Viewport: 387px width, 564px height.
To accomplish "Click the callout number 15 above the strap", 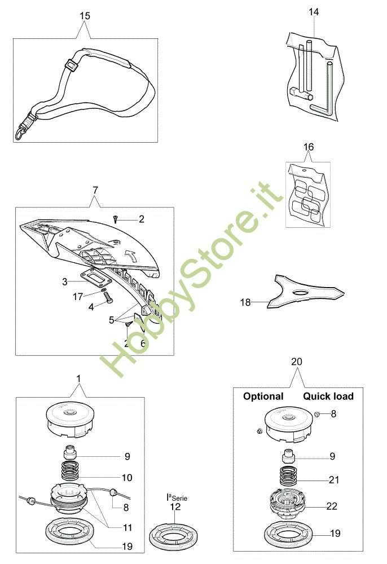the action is [x=84, y=16].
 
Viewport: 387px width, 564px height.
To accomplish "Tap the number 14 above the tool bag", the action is [x=314, y=11].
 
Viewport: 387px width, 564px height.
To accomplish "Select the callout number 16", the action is [x=308, y=147].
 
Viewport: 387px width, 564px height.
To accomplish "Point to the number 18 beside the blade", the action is [x=245, y=302].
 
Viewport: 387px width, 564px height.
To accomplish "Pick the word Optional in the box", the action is [x=263, y=396].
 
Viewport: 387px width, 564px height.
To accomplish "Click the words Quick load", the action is [x=328, y=396].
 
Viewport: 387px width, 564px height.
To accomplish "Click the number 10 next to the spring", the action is [x=126, y=478].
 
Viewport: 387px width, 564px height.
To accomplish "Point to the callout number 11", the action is [x=127, y=528].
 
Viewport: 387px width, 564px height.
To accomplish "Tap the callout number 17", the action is [x=79, y=296].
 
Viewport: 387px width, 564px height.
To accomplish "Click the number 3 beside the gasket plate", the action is [x=65, y=280].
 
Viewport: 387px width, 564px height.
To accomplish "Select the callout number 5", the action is [x=111, y=320].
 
